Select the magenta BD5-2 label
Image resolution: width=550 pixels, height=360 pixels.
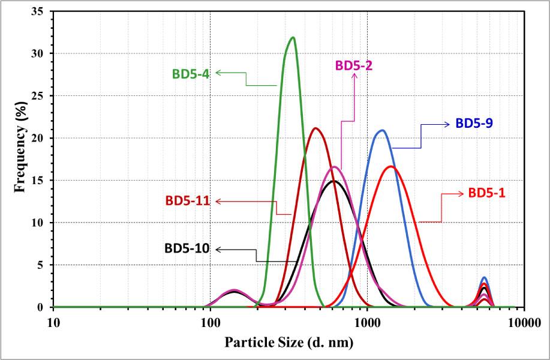[x=354, y=65]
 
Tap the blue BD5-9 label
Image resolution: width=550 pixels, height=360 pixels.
[x=475, y=123]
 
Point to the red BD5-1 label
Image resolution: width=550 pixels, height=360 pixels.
[x=486, y=193]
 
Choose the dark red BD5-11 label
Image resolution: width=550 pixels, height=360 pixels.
[x=185, y=201]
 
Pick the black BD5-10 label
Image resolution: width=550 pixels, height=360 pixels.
[x=187, y=248]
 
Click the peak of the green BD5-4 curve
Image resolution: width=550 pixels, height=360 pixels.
[x=293, y=37]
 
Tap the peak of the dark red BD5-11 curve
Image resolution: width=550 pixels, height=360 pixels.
[x=315, y=128]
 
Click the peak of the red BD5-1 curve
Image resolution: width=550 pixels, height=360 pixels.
[x=391, y=166]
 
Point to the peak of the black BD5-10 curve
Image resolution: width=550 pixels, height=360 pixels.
[x=334, y=181]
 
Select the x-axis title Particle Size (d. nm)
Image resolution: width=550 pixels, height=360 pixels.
[x=288, y=343]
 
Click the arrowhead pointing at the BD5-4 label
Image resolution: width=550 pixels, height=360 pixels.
[x=218, y=73]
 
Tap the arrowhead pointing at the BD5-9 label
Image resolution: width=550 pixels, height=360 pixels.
[x=447, y=124]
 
